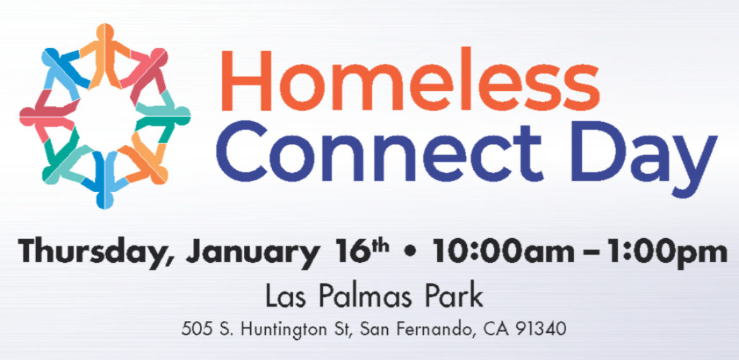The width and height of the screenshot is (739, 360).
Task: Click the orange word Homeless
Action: pos(411,80)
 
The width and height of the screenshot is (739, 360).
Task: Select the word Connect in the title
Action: pos(380,152)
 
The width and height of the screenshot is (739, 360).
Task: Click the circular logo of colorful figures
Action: pos(105,116)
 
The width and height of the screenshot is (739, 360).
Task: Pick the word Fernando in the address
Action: pos(433,330)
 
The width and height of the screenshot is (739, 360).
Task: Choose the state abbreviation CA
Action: pos(496,330)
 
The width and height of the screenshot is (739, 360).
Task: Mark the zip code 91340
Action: pos(540,330)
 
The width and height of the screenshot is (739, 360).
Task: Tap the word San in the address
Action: pos(375,330)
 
